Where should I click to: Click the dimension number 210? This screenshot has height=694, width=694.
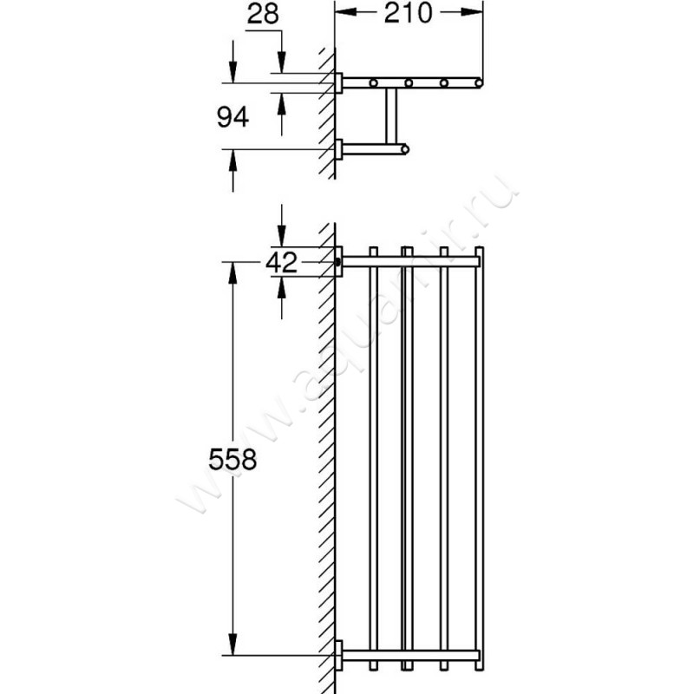click(408, 13)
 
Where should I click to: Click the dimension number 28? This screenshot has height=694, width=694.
click(263, 14)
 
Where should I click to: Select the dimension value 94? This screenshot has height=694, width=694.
click(232, 117)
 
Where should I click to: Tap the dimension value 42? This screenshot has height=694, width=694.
click(281, 263)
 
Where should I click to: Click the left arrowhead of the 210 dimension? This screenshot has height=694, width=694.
click(345, 12)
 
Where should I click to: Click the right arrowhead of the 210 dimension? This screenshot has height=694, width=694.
click(472, 12)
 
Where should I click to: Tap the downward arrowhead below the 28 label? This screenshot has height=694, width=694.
click(281, 62)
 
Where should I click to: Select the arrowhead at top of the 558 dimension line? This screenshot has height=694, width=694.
click(232, 272)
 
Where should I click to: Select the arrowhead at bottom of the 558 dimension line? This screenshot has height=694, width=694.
click(232, 644)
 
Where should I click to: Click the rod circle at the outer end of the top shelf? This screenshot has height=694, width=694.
click(479, 82)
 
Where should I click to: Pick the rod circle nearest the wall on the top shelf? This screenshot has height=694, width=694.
click(374, 82)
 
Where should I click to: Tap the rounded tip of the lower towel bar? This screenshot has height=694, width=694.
click(405, 149)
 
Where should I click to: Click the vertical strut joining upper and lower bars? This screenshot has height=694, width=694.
click(391, 116)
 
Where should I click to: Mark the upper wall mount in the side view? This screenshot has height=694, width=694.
click(338, 82)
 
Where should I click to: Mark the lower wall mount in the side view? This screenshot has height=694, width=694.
click(338, 149)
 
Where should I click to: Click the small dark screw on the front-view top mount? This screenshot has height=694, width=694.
click(338, 262)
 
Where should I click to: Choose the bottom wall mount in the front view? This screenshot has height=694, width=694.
click(338, 655)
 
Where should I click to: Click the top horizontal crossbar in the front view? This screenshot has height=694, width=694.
click(410, 262)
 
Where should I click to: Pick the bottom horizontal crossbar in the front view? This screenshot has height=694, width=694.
click(410, 655)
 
